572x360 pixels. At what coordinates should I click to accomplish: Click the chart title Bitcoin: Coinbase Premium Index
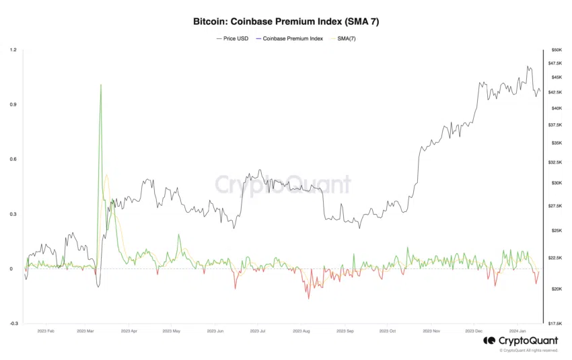point(286,22)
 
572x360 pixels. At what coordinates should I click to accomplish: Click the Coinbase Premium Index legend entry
point(290,38)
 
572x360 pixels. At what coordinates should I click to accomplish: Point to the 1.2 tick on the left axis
point(13,50)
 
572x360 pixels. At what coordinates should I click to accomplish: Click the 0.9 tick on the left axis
point(13,105)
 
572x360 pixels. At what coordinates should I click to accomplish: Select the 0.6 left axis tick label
point(13,159)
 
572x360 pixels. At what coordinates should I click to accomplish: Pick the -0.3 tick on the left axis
point(13,324)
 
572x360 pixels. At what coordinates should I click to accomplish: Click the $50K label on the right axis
point(557,50)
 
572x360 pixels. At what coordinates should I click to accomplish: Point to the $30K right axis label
point(557,183)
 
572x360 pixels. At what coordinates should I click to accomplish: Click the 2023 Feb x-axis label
point(46,331)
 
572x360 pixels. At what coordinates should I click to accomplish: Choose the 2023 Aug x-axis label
point(301,331)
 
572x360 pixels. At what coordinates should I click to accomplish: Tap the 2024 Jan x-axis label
point(517,331)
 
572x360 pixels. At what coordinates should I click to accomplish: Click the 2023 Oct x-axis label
point(387,331)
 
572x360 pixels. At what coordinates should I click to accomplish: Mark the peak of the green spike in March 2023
point(101,85)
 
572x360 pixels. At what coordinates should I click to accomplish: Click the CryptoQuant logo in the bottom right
point(520,341)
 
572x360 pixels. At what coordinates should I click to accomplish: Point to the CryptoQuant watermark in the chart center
point(283,184)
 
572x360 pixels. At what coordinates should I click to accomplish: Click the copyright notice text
point(529,351)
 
